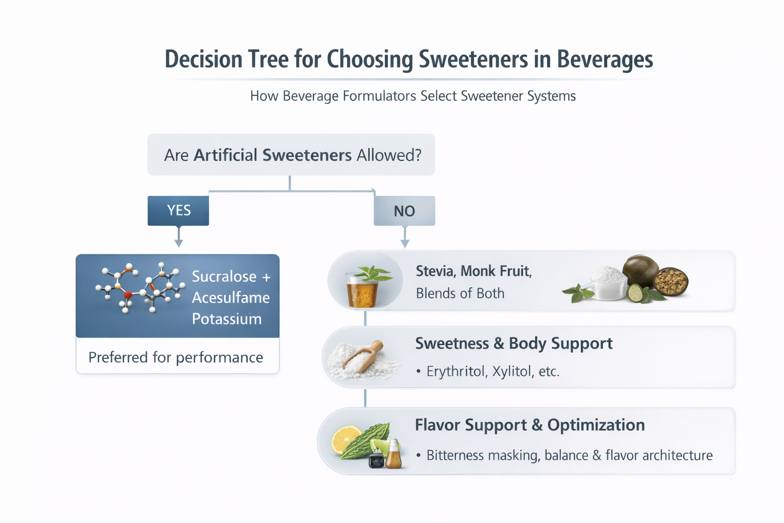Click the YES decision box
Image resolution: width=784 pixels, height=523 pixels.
pyautogui.click(x=178, y=210)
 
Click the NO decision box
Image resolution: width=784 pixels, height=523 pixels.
pyautogui.click(x=404, y=211)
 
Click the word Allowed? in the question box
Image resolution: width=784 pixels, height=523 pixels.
pyautogui.click(x=389, y=155)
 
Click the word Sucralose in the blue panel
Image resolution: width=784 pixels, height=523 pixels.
pyautogui.click(x=224, y=276)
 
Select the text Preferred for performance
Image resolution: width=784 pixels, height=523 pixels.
pyautogui.click(x=176, y=357)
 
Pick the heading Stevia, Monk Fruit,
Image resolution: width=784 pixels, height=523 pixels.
pyautogui.click(x=474, y=271)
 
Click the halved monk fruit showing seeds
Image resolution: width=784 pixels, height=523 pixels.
pyautogui.click(x=671, y=281)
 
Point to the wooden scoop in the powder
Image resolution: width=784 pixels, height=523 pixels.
pyautogui.click(x=364, y=354)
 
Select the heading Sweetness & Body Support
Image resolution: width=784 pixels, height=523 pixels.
pyautogui.click(x=513, y=343)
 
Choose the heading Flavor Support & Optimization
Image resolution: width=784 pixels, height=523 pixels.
pyautogui.click(x=529, y=425)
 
